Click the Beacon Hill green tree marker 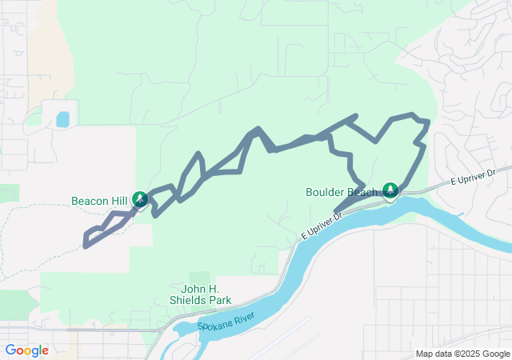(x=141, y=198)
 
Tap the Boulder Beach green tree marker (x=390, y=190)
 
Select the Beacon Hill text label (x=99, y=201)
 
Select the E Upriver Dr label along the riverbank (x=322, y=226)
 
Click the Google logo (x=26, y=350)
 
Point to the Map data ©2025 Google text (x=462, y=354)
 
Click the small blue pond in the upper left (x=62, y=120)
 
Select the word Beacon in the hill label (x=89, y=201)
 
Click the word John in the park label (x=196, y=289)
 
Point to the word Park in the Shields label (x=220, y=300)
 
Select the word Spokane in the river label (x=215, y=326)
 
